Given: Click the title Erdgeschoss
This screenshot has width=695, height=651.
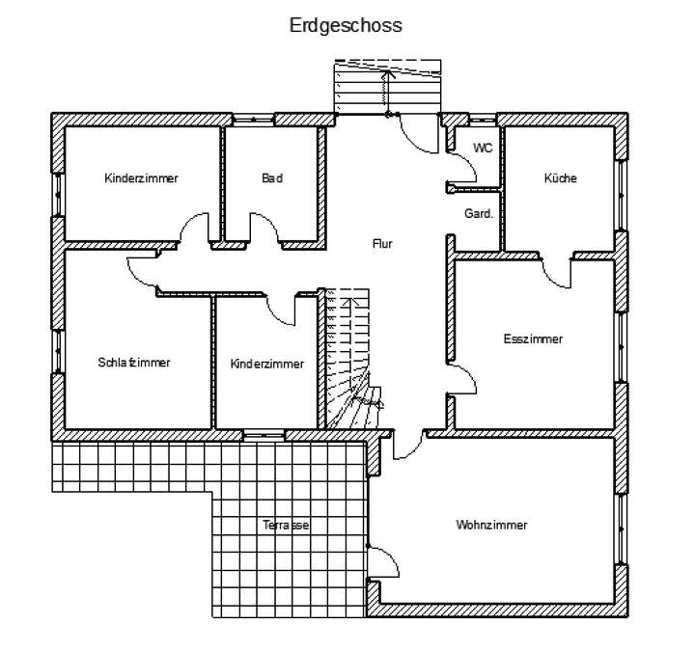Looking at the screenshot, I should [x=346, y=26].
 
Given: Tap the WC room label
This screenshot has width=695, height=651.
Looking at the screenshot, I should [x=483, y=148].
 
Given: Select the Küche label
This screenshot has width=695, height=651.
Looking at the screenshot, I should [x=560, y=178].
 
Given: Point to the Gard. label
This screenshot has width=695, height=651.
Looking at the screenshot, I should [x=479, y=213].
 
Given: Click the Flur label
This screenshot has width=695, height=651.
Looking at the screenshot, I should [x=382, y=244].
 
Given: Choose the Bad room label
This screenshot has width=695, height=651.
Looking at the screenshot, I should [x=272, y=178].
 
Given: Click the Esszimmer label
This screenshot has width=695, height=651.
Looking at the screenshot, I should [x=533, y=339].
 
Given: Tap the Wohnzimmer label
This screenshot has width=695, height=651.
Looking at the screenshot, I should [x=491, y=526].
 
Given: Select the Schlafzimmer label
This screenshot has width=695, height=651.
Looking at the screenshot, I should [x=134, y=363].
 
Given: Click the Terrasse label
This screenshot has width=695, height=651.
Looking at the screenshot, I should [x=286, y=526].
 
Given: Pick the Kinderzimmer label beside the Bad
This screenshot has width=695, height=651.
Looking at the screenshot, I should [x=142, y=178].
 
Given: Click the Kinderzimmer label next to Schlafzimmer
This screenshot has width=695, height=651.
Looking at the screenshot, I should [x=267, y=364].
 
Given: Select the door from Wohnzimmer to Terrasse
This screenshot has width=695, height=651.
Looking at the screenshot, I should [x=381, y=562].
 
